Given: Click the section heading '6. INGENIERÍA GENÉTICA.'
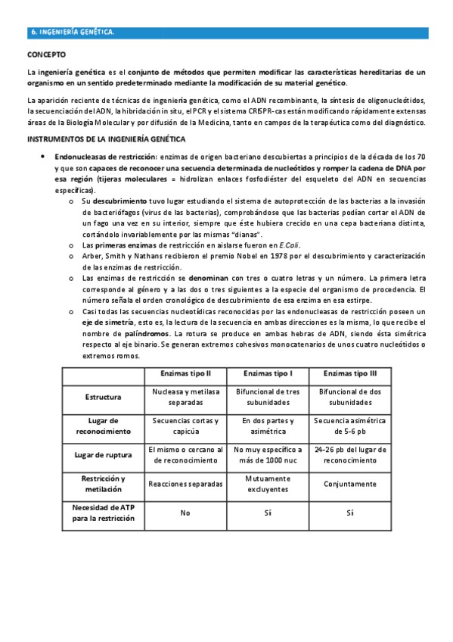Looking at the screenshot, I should [72, 33].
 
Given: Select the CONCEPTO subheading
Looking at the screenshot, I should [46, 55].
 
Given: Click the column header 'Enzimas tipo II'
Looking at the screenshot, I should [185, 374].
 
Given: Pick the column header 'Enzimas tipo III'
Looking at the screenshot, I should [349, 374].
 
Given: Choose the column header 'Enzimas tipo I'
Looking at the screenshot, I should [268, 374].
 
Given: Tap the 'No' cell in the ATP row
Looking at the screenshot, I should [185, 513].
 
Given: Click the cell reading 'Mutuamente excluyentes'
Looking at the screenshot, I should [268, 484].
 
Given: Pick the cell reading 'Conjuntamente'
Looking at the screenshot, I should [349, 484].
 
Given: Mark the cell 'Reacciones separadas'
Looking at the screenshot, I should [185, 484].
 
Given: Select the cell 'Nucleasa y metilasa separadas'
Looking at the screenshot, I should [185, 397].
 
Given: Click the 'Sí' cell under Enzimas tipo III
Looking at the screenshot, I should [349, 513].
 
